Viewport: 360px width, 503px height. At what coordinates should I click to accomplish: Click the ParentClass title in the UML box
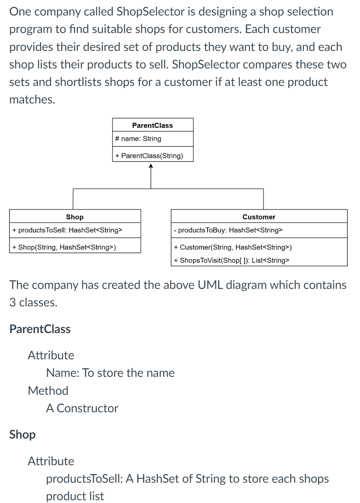click(153, 125)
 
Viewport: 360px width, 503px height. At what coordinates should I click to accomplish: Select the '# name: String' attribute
click(138, 139)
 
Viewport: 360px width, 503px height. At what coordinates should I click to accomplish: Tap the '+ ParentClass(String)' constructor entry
click(149, 156)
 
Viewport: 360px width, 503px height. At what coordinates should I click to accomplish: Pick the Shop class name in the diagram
click(74, 217)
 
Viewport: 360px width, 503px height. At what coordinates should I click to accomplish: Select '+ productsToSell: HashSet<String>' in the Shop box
click(67, 230)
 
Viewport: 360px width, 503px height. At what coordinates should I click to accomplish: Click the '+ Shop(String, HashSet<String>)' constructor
click(64, 247)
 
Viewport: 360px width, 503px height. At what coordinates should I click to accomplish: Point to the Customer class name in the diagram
click(259, 217)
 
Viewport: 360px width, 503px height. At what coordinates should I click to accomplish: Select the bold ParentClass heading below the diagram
click(40, 329)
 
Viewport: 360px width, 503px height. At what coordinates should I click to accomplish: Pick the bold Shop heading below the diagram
click(22, 434)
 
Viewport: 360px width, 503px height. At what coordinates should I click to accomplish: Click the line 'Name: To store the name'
click(110, 373)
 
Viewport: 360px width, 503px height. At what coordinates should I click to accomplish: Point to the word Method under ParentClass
click(48, 390)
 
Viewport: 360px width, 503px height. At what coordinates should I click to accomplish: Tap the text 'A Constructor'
click(82, 408)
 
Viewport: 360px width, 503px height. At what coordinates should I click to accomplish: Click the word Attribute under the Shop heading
click(51, 461)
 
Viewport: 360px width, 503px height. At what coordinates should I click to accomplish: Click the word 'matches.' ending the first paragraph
click(32, 99)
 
